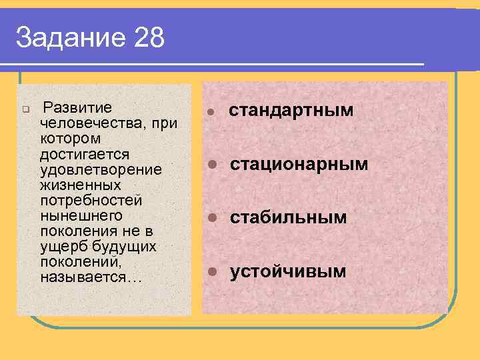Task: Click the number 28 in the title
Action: (149, 38)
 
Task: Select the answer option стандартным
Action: (291, 110)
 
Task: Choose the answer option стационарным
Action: (299, 164)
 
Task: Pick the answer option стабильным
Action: (289, 217)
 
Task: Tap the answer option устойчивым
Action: (288, 271)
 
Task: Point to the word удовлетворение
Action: (101, 169)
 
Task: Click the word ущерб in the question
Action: (59, 247)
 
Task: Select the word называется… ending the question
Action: (91, 277)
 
